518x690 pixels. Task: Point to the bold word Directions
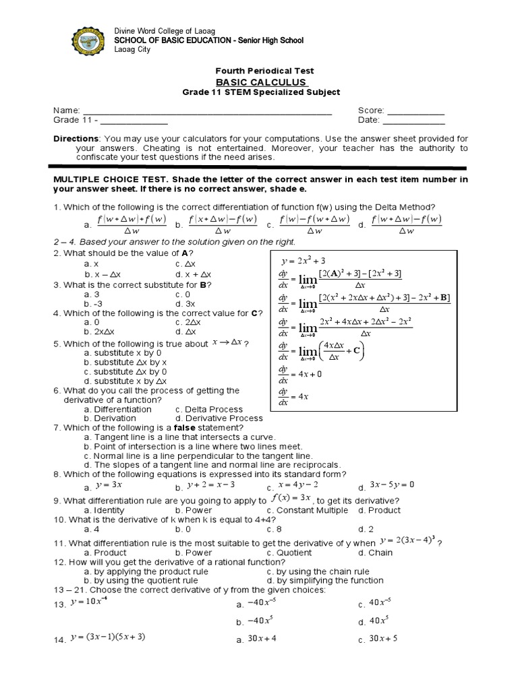point(76,138)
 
